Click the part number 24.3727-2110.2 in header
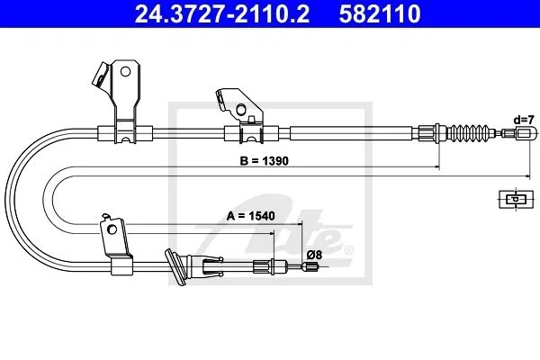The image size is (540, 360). tap(221, 13)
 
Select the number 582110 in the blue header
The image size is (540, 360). tap(379, 13)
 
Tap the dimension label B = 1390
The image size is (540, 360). tap(264, 161)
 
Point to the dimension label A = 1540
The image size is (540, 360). tap(251, 216)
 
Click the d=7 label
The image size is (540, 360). tap(524, 120)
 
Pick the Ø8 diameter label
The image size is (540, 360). tap(314, 255)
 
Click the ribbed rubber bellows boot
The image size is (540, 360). tap(470, 132)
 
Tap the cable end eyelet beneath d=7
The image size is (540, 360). tap(526, 133)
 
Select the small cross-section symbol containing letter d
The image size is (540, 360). tap(516, 199)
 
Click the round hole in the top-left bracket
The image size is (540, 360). tap(125, 72)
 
